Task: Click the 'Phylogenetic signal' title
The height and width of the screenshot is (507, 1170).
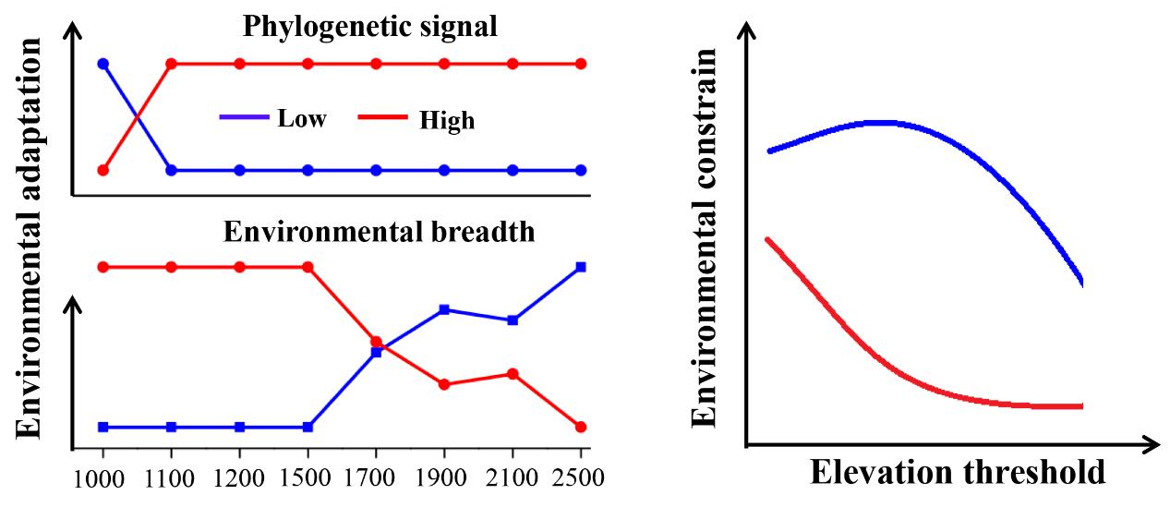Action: tap(370, 26)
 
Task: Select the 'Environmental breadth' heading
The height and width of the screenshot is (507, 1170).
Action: tap(380, 231)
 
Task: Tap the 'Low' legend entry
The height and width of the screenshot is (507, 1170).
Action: tap(301, 118)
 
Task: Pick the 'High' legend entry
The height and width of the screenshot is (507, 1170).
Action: tap(446, 120)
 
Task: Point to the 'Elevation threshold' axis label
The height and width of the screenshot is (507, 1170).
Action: tap(958, 472)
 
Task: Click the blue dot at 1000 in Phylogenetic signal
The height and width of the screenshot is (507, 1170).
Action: tap(103, 64)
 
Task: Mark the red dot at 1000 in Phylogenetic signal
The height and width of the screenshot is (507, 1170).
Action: tap(103, 170)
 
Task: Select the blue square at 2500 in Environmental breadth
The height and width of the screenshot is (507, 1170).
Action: tap(581, 267)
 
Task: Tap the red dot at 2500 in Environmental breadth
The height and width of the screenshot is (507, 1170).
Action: tap(581, 427)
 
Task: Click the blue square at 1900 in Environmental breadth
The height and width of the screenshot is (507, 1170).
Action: tap(444, 309)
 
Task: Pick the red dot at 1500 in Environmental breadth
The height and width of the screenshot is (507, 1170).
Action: tap(308, 267)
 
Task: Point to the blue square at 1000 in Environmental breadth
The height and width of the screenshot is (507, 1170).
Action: tap(103, 427)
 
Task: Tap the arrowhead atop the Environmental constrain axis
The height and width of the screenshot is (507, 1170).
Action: tap(746, 33)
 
